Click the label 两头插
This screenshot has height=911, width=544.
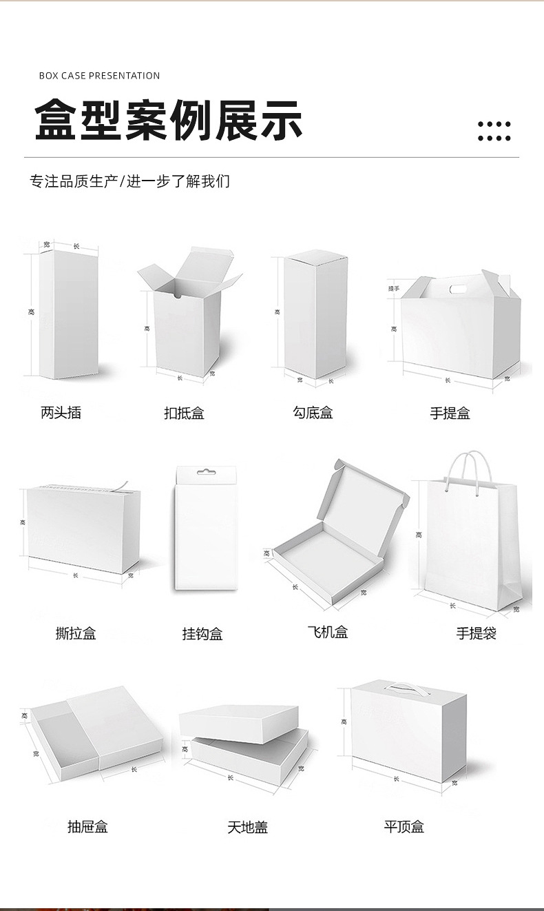pyautogui.click(x=61, y=413)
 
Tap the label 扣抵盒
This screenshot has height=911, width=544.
pyautogui.click(x=184, y=413)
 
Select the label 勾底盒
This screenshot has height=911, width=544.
pyautogui.click(x=313, y=413)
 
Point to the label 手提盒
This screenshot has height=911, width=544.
pyautogui.click(x=450, y=413)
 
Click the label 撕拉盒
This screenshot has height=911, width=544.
pyautogui.click(x=76, y=633)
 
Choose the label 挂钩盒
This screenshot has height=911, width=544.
pyautogui.click(x=202, y=634)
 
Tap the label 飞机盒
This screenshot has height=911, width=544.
pyautogui.click(x=328, y=632)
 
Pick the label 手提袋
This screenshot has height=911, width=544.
pyautogui.click(x=477, y=633)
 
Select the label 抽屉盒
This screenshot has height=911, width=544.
pyautogui.click(x=87, y=827)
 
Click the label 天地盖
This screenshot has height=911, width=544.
pyautogui.click(x=247, y=827)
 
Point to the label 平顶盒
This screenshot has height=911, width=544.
pyautogui.click(x=404, y=826)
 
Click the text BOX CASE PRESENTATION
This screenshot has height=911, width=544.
pyautogui.click(x=99, y=76)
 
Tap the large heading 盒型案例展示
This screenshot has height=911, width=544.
pyautogui.click(x=169, y=120)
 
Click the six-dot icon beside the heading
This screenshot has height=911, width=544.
pyautogui.click(x=494, y=131)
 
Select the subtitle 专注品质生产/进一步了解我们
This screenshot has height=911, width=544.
pyautogui.click(x=129, y=181)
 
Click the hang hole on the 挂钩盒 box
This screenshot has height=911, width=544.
pyautogui.click(x=203, y=473)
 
